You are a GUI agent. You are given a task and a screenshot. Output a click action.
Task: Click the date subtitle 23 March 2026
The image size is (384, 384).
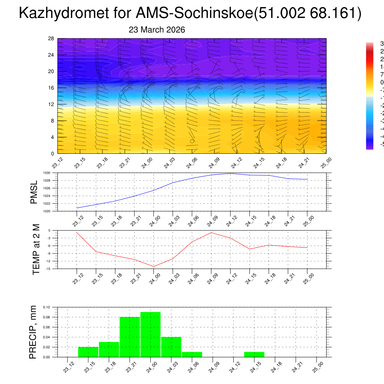click(x=157, y=30)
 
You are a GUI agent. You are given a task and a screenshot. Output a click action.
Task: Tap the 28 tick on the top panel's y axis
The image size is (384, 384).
click(x=51, y=39)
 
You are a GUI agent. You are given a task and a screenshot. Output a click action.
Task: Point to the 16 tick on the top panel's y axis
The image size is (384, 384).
click(x=51, y=88)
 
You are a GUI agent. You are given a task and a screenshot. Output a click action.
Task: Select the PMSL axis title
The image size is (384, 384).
click(x=34, y=192)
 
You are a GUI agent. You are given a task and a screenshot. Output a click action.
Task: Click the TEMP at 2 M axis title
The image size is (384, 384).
click(x=36, y=249)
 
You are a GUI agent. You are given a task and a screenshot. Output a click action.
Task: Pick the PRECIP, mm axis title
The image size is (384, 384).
click(x=33, y=332)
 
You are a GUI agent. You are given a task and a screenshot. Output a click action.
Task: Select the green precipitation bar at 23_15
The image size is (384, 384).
click(x=88, y=352)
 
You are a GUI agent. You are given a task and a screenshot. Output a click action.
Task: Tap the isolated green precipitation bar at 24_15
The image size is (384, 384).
click(x=254, y=354)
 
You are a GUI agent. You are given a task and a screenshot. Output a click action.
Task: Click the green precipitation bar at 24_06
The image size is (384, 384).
click(x=192, y=354)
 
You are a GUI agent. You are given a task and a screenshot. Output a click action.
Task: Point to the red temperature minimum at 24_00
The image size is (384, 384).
click(x=153, y=266)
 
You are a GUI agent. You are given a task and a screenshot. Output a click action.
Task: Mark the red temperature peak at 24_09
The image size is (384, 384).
click(x=211, y=233)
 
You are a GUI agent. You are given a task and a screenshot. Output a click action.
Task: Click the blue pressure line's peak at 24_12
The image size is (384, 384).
click(x=230, y=173)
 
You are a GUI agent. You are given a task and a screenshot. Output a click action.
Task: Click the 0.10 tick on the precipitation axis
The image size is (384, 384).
click(x=46, y=307)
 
